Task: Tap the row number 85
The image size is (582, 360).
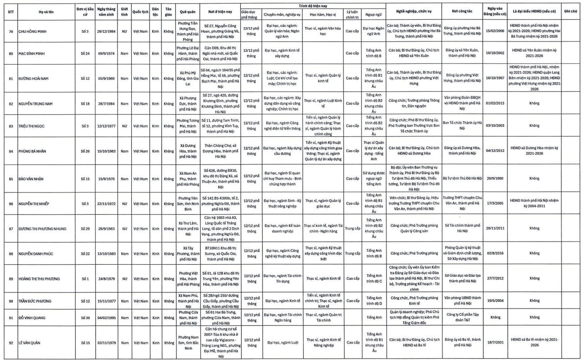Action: pyautogui.click(x=10, y=179)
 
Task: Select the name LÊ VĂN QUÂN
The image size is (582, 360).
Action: pyautogui.click(x=31, y=343)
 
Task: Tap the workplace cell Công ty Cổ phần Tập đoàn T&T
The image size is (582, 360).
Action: pyautogui.click(x=462, y=317)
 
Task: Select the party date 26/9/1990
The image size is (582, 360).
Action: pyautogui.click(x=494, y=179)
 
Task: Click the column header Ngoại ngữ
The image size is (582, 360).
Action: pyautogui.click(x=373, y=14)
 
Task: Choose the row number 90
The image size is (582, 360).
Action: pyautogui.click(x=10, y=301)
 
